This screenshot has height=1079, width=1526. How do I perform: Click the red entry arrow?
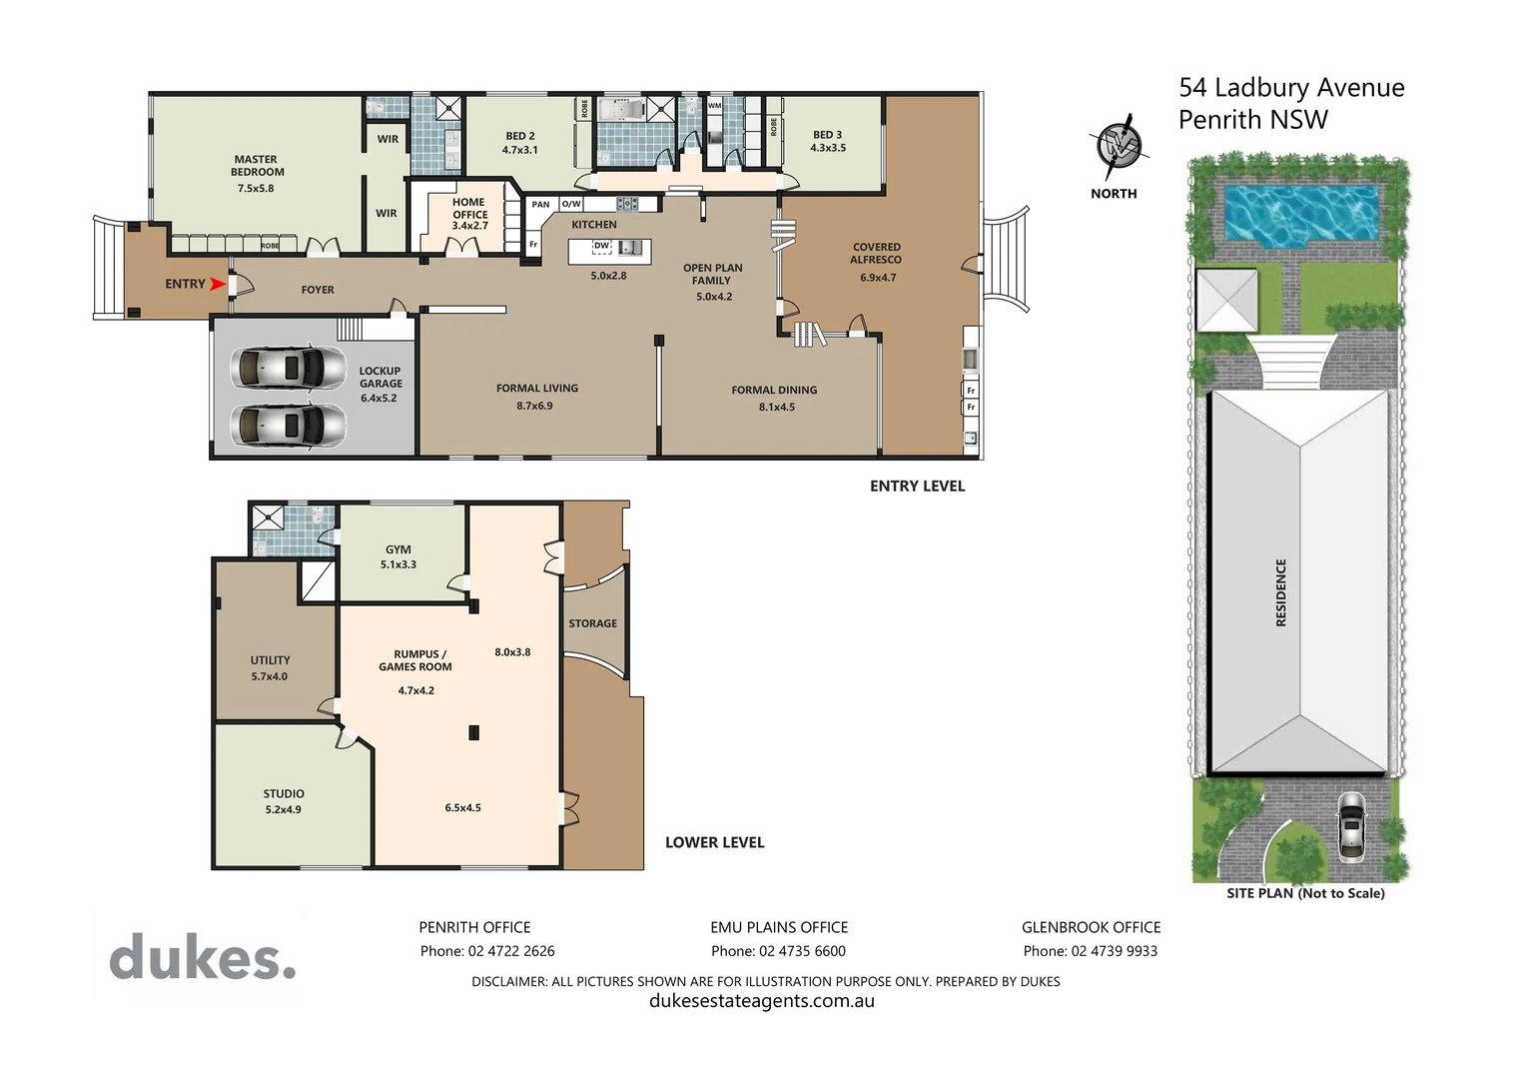[x=217, y=284]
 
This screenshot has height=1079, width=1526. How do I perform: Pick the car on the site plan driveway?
[x=1350, y=826]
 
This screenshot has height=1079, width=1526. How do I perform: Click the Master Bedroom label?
[x=256, y=166]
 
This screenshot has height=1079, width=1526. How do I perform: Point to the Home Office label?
[x=469, y=208]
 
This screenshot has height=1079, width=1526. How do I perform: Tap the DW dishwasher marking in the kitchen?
[x=601, y=246]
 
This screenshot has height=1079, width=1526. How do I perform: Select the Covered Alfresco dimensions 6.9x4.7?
[x=878, y=278]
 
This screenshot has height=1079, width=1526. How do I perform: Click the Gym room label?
[x=397, y=549]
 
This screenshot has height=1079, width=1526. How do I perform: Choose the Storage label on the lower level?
[x=592, y=623]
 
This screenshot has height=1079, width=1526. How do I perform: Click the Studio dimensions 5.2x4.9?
[x=284, y=810]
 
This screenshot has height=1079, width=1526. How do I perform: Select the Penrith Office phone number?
[x=487, y=951]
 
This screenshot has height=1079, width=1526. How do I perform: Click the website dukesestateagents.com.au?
[x=762, y=1001]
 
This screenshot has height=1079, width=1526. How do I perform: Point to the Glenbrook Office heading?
[x=1091, y=927]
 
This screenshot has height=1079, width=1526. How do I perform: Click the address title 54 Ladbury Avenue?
[x=1290, y=88]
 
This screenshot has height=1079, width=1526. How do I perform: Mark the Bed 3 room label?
[x=827, y=135]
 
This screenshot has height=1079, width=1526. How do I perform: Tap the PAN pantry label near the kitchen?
[x=540, y=205]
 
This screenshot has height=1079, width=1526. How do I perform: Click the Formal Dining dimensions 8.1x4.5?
[x=776, y=407]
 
